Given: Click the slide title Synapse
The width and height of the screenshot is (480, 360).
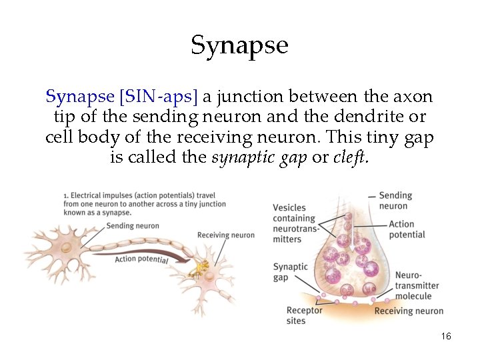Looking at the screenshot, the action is (x=239, y=45).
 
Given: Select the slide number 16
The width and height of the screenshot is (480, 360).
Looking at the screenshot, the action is (x=446, y=336).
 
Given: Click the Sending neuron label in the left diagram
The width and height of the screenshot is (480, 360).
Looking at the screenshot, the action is (x=133, y=226).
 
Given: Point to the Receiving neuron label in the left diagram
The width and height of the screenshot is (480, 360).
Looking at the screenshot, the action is (x=225, y=235).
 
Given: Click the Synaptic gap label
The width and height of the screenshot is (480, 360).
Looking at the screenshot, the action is (x=290, y=272).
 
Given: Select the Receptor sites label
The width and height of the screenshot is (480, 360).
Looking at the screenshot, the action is (x=304, y=315).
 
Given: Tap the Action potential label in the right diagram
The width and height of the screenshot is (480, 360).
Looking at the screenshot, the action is (x=407, y=229).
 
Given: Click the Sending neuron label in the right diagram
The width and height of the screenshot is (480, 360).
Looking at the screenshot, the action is (x=395, y=201).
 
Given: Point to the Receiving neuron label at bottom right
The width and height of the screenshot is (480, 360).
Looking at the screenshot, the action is (x=409, y=311).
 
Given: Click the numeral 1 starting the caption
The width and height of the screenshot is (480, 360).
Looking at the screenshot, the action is (x=65, y=195).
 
